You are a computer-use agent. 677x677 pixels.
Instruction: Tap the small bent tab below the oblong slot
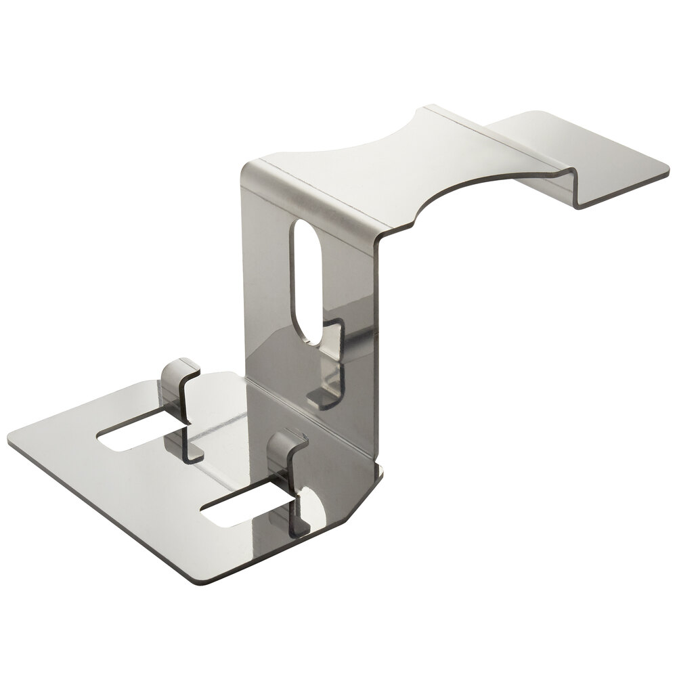(x=328, y=379)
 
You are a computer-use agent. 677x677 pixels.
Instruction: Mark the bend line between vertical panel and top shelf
(x=311, y=200)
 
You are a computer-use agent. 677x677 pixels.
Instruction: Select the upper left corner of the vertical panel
(x=245, y=167)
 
